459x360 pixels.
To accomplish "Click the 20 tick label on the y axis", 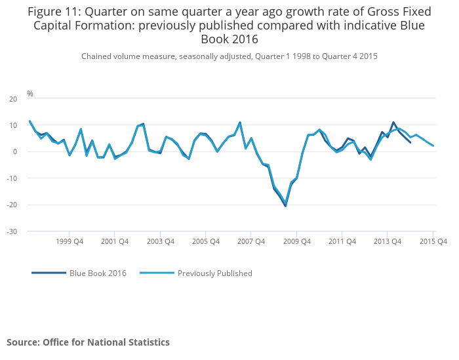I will click(x=12, y=99).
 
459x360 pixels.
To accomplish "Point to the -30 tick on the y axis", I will click(x=12, y=231).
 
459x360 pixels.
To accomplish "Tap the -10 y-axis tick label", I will click(x=12, y=178).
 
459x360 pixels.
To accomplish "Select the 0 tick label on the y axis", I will click(x=15, y=151).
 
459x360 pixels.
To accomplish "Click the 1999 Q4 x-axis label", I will click(x=70, y=241).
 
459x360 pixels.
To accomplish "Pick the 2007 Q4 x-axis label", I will click(x=251, y=241).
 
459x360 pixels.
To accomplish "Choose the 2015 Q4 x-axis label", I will click(x=433, y=241).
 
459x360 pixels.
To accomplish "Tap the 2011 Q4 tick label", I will click(x=342, y=241).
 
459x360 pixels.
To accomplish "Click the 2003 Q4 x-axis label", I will click(x=160, y=241).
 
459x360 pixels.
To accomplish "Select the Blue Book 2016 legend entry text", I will click(x=98, y=273).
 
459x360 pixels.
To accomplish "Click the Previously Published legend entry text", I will click(x=214, y=273).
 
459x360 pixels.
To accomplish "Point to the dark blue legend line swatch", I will click(x=49, y=273).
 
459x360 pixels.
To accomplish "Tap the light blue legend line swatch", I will click(x=156, y=273).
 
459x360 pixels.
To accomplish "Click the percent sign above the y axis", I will click(x=30, y=94).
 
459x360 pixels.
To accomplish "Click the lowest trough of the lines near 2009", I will click(x=285, y=205).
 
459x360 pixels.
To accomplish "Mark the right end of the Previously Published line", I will click(x=433, y=146).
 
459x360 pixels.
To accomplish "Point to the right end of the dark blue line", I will click(x=410, y=142).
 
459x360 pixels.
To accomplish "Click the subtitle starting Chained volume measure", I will click(x=229, y=56).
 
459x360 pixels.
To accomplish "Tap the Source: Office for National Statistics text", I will click(x=88, y=342).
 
